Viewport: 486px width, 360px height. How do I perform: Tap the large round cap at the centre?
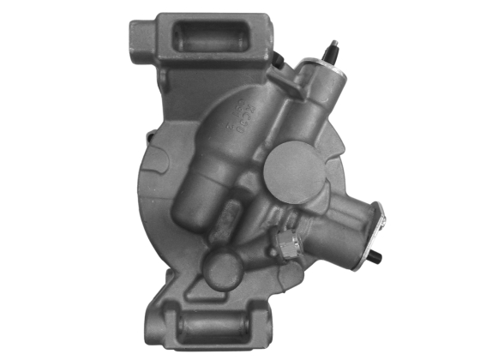(x=297, y=171)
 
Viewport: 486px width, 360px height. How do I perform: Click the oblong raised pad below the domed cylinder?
(x=227, y=225)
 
